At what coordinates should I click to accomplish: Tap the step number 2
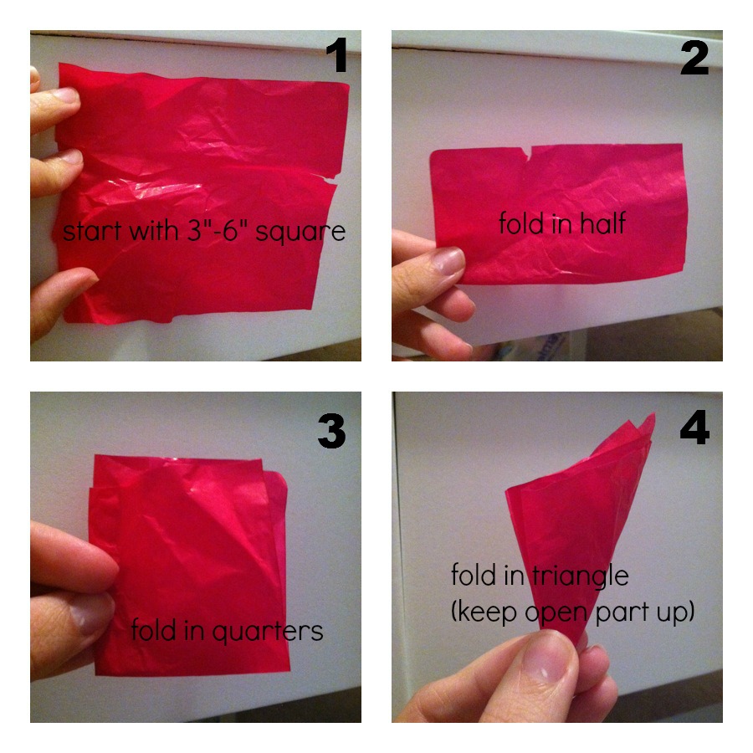[694, 58]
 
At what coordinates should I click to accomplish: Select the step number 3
[331, 431]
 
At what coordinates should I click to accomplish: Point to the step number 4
[694, 427]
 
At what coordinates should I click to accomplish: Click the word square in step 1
[300, 233]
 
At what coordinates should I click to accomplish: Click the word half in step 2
[602, 223]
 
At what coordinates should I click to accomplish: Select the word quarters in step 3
[268, 632]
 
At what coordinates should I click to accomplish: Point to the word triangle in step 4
[580, 576]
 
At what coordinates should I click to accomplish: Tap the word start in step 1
[91, 231]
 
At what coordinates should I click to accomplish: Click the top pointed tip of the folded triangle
[654, 413]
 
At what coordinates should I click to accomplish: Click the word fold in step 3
[153, 629]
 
